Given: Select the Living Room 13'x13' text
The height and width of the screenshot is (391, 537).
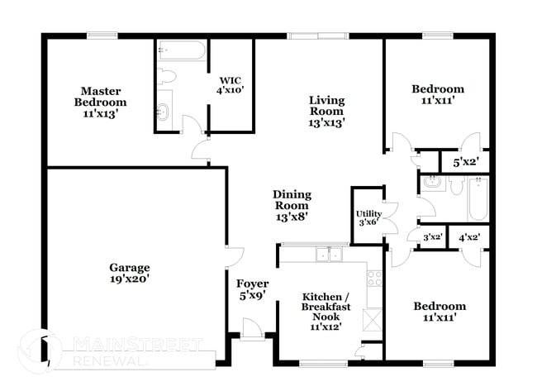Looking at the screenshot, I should point(326,111).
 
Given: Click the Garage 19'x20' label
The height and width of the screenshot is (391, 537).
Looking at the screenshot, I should point(130,273).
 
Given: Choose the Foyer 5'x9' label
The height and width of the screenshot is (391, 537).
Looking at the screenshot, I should point(252,288).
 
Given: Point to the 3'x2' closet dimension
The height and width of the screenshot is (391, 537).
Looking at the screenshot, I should point(432,237).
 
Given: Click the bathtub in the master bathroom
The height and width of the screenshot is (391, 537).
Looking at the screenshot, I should point(181,52).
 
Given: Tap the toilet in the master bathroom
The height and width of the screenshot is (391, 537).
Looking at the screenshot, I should point(167,76).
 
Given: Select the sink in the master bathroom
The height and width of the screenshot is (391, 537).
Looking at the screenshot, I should point(163,111).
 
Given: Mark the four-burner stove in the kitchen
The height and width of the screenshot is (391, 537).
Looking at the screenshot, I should point(373,279).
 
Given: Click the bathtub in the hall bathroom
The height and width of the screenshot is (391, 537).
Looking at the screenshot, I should point(478,198).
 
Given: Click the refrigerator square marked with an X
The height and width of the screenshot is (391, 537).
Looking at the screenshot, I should point(373,318).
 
